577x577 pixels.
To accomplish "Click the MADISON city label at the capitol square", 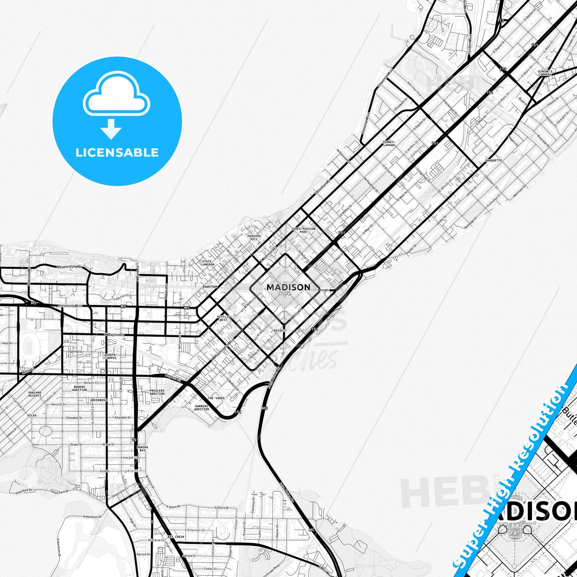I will coord(288,287).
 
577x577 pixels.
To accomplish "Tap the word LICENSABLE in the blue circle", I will coord(117,153).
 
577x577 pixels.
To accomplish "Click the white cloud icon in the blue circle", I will coord(117,95).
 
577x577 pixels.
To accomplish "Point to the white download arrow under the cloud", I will coord(111,129).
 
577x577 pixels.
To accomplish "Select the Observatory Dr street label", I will coord(69,267).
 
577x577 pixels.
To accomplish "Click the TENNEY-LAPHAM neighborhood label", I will coord(389,143).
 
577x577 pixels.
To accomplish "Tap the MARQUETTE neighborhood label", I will coord(493,161).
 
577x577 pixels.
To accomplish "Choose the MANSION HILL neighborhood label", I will coord(254,238).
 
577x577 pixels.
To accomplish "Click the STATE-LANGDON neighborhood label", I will coord(208,263).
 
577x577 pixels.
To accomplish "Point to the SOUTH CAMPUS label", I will coord(111,356).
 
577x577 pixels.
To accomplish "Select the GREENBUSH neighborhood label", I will coord(98,400).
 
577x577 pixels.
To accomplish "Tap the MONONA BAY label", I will coord(142,448).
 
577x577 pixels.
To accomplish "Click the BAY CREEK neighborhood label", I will coord(176,537).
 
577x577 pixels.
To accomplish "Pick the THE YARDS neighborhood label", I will coord(216,398).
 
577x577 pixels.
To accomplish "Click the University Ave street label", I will coord(70,306).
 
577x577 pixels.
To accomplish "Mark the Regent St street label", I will coord(173,376).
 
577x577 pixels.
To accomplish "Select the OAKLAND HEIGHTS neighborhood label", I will coord(35,394).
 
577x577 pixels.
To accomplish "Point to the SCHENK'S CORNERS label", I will coord(545,73).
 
